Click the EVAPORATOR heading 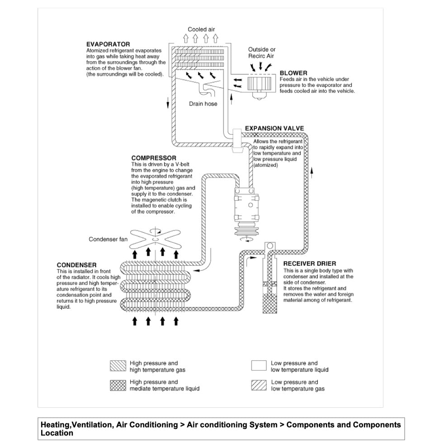108,44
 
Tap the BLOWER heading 293,73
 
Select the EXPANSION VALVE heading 274,128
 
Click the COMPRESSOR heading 154,158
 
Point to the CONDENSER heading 76,264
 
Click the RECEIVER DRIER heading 309,264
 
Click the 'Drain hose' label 203,104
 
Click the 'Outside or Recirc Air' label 262,52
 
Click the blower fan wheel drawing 260,84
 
